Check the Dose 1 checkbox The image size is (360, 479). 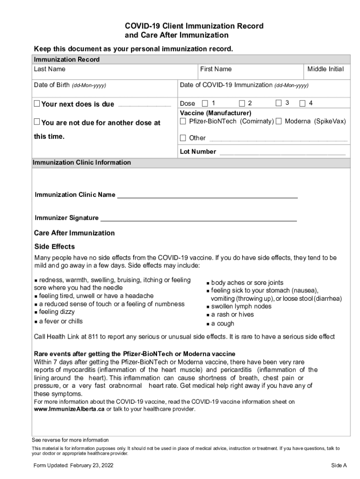click(x=205, y=103)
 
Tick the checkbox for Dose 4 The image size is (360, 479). click(x=302, y=103)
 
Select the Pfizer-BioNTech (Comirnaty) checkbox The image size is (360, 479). click(x=183, y=122)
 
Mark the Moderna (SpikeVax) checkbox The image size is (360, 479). click(x=279, y=122)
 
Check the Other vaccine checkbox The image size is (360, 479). click(x=183, y=138)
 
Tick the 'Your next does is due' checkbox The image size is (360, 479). click(x=37, y=104)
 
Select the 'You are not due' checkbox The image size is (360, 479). click(x=37, y=122)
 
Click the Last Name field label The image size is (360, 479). click(x=50, y=69)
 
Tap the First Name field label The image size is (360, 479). click(x=216, y=69)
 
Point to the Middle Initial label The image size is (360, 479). click(x=325, y=69)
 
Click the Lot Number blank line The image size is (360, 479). click(x=282, y=152)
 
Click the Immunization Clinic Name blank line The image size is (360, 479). click(x=207, y=196)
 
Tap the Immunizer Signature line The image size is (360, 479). click(x=198, y=219)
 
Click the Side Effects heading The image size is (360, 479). click(x=55, y=247)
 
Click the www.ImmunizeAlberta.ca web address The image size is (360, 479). click(x=69, y=409)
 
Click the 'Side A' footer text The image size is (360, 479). click(x=339, y=465)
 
